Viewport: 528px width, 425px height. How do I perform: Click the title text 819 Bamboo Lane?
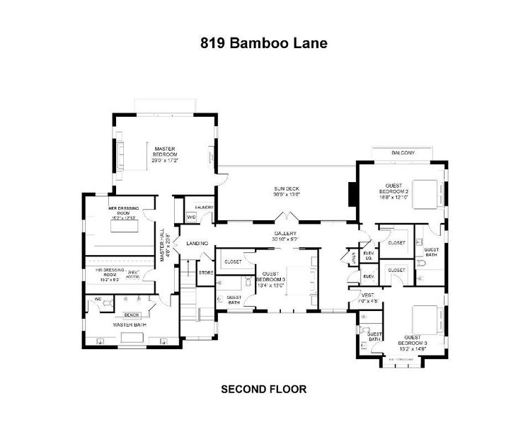(x=263, y=43)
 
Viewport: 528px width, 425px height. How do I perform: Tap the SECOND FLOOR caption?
(x=263, y=389)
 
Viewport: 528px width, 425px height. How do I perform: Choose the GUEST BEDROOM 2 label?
(x=394, y=188)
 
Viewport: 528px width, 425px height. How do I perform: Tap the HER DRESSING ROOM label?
(x=123, y=210)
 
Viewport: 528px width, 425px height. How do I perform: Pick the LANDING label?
(x=196, y=244)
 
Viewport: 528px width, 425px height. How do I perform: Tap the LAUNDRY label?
(x=205, y=207)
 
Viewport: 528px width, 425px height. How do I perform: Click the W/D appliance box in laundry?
(x=191, y=217)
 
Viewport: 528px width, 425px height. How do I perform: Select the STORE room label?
(x=206, y=272)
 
